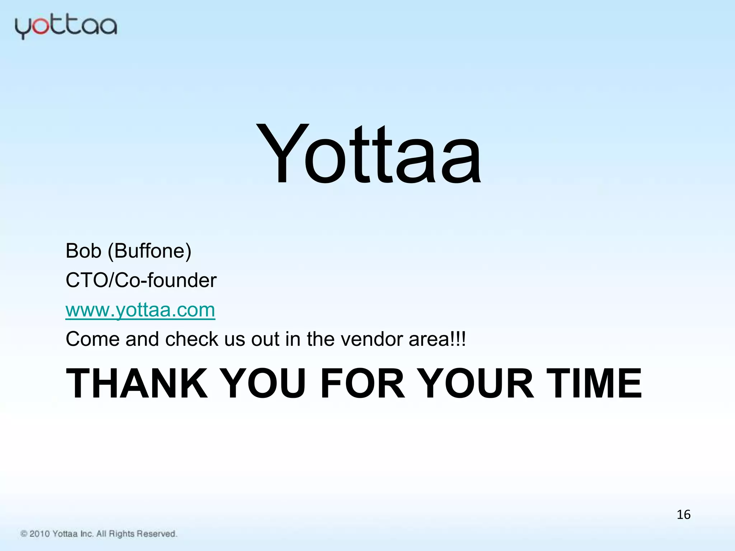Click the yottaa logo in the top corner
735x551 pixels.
[66, 27]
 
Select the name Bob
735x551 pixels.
[83, 251]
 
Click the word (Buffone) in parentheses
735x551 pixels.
[150, 251]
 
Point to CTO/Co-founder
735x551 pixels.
[141, 280]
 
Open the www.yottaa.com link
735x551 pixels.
[140, 310]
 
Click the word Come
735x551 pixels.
[93, 339]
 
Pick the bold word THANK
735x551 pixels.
[137, 383]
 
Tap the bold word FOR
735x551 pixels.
[363, 383]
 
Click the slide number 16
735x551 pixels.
[683, 515]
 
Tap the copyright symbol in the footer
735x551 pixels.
[24, 534]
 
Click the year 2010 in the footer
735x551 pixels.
[39, 534]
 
